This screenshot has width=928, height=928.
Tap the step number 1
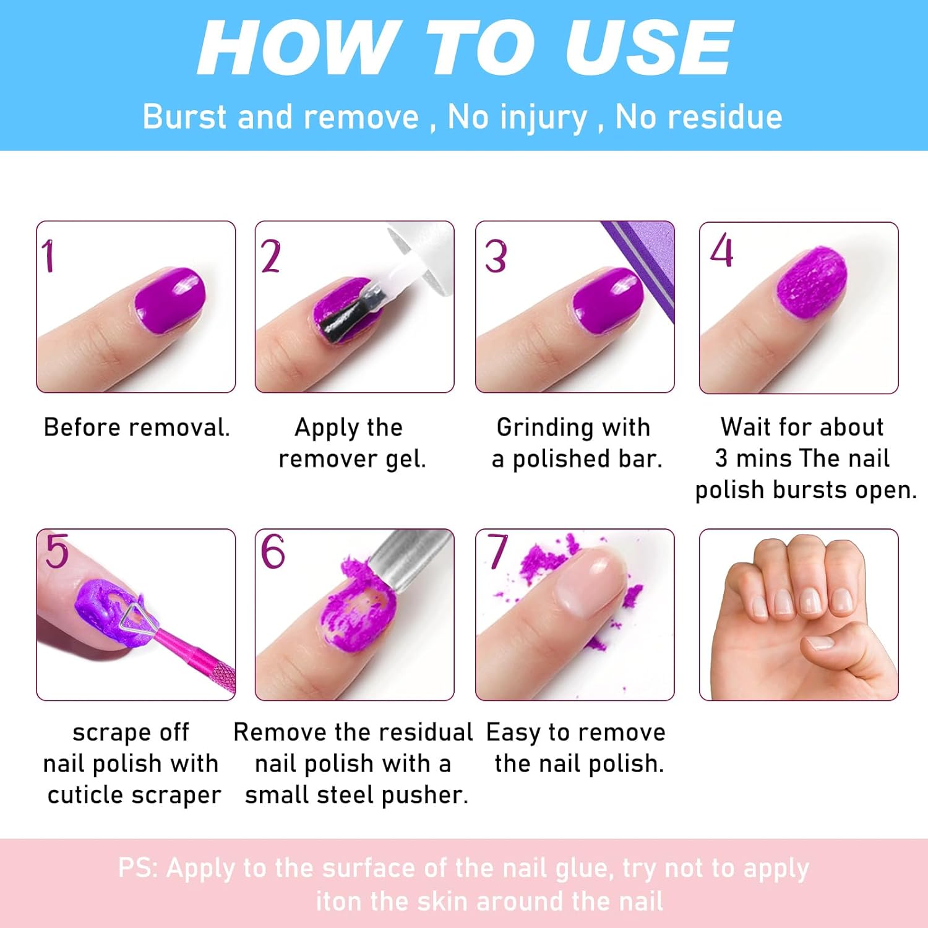tap(48, 256)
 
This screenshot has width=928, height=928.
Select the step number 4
tap(721, 251)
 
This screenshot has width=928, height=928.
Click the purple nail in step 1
tap(170, 299)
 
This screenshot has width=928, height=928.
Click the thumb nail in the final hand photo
tap(820, 643)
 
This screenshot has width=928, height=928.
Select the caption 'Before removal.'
tap(137, 427)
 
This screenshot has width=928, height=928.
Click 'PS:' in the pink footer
tap(138, 868)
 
